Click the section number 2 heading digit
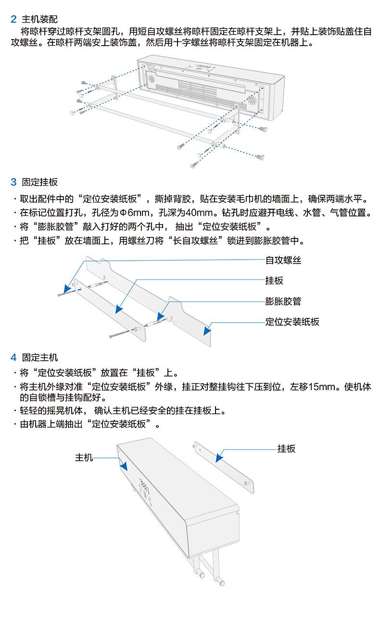click(13, 20)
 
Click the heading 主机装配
click(40, 20)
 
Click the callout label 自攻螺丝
click(283, 260)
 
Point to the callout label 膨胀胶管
click(283, 302)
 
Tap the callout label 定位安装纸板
click(292, 322)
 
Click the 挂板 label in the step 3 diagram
click(274, 281)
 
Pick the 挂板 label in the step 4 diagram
click(286, 449)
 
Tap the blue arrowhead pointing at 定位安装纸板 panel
click(207, 330)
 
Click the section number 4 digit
click(13, 357)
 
